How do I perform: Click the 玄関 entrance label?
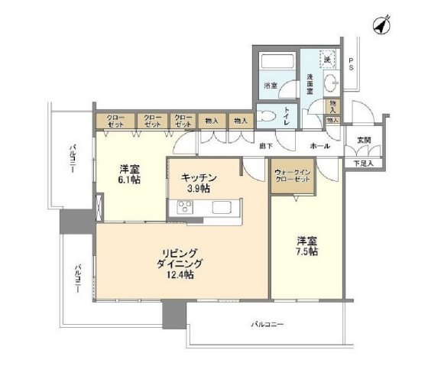363,141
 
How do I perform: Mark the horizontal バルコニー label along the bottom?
267,326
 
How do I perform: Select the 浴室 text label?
271,85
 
